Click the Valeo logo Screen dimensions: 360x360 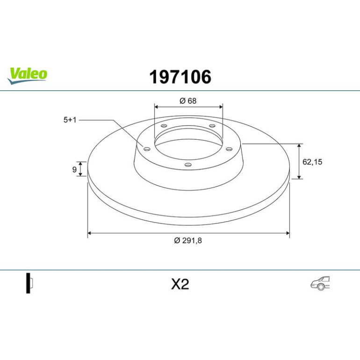[27, 76]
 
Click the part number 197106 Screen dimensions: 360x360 [180, 77]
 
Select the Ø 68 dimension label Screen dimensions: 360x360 [188, 101]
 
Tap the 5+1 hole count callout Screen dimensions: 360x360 [70, 120]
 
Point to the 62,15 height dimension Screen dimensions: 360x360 [312, 162]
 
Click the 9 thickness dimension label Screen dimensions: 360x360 [74, 170]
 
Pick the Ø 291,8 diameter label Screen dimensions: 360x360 [188, 241]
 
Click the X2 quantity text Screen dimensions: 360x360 [180, 284]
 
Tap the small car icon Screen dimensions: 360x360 [320, 283]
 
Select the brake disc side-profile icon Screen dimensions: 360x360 [29, 283]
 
